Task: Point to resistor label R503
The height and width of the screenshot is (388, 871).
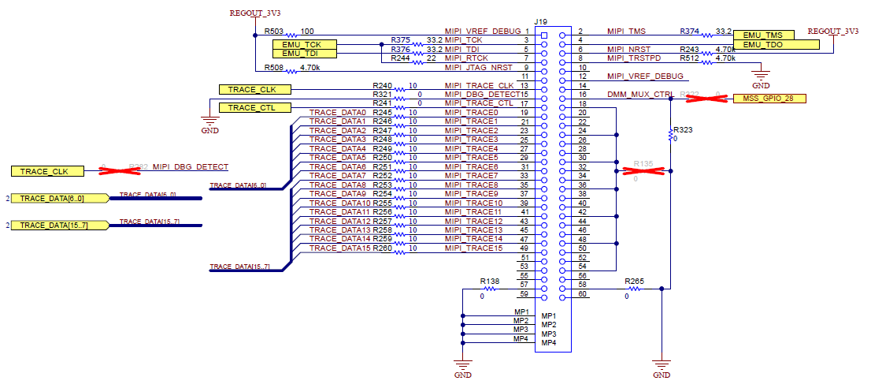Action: coord(274,31)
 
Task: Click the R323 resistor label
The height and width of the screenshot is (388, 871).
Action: coord(682,129)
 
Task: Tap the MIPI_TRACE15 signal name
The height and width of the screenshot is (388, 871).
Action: coord(473,248)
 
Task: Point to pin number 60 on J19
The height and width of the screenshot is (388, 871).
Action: coord(582,294)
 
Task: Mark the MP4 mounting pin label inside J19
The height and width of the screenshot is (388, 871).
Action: coord(549,343)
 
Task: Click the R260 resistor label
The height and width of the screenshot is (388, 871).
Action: coord(382,248)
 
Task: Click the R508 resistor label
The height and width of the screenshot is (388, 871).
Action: coord(274,68)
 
